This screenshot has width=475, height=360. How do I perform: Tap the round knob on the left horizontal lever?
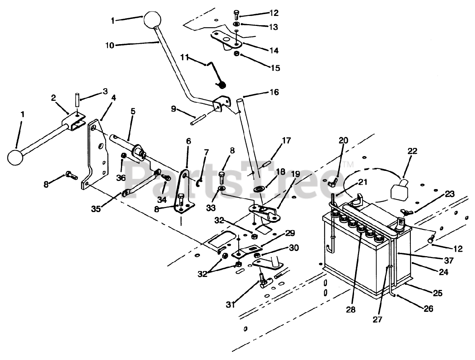[x=16, y=157]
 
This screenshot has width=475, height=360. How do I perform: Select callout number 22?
[x=412, y=151]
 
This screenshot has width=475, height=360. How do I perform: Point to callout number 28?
[x=351, y=310]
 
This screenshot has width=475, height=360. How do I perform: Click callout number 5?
[x=133, y=112]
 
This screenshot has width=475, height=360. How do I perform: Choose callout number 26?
[x=428, y=308]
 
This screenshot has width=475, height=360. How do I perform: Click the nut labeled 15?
[x=236, y=55]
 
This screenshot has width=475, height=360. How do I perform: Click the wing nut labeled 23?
[x=403, y=212]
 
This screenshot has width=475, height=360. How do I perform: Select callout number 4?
[x=114, y=98]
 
